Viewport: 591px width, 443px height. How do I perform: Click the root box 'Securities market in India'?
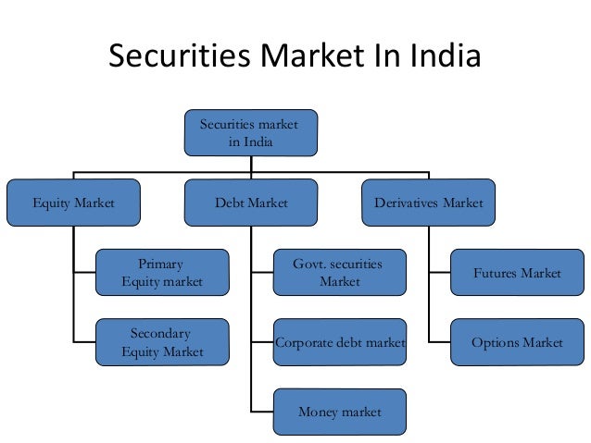pos(250,132)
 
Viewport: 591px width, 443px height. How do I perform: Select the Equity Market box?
pos(73,203)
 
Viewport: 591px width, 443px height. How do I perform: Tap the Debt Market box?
pos(250,203)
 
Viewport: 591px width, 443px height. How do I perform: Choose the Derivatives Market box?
pos(428,203)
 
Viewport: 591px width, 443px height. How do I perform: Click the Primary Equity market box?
pos(162,273)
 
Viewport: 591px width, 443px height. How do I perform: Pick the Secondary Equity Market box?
pos(162,342)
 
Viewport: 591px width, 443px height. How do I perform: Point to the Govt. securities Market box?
pos(339,273)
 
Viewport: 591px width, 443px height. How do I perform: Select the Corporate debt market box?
pos(339,343)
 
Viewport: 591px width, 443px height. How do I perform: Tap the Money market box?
pos(339,412)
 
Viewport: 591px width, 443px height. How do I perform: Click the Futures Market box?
pos(517,273)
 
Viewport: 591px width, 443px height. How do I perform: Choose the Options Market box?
pos(517,343)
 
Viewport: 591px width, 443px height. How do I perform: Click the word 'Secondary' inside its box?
pos(161,333)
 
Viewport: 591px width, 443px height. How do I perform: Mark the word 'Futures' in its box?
pos(495,274)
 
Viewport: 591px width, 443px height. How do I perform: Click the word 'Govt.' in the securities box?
pos(309,264)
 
